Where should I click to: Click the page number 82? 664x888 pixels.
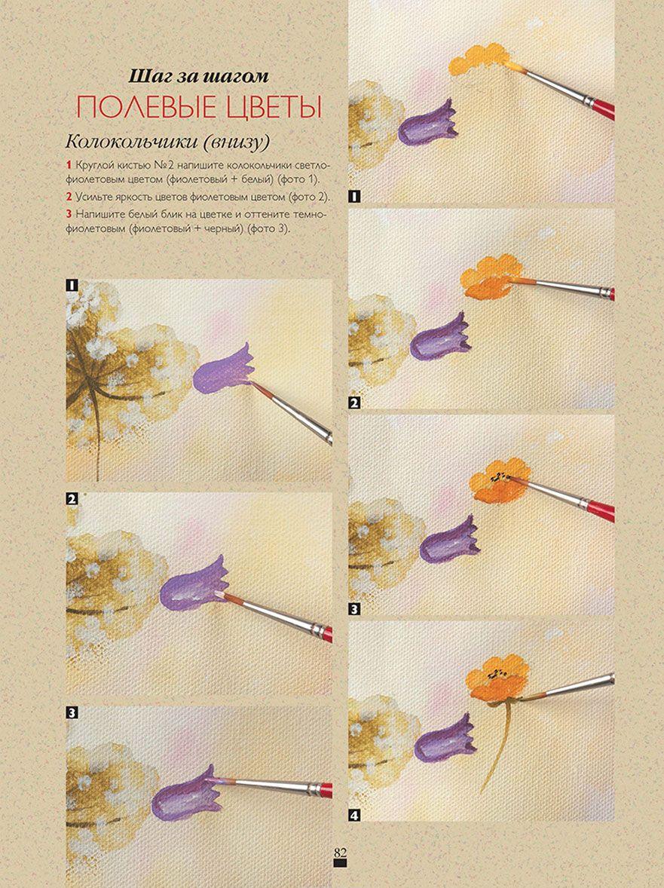340,853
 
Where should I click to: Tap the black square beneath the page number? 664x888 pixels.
340,864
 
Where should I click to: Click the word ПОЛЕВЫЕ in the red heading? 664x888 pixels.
147,108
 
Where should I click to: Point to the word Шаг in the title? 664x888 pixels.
147,76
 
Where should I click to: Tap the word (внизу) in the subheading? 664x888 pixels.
237,142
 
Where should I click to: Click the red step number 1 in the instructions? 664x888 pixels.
69,165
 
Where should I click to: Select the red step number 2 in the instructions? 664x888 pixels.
69,197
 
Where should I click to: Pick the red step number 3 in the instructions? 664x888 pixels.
69,215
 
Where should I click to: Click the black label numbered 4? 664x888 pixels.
354,816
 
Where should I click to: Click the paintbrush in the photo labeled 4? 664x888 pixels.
566,687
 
